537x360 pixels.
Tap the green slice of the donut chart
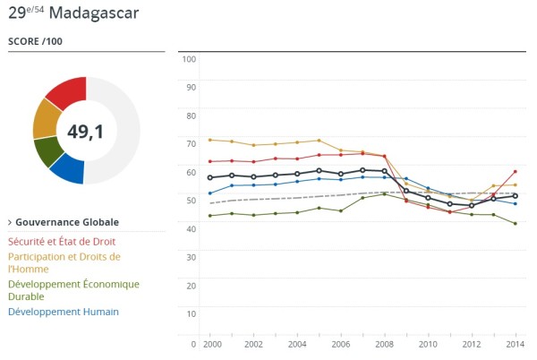click(x=47, y=152)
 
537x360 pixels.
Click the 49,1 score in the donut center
click(x=86, y=132)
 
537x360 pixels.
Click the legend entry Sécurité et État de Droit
click(x=61, y=241)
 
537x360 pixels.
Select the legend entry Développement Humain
click(x=63, y=312)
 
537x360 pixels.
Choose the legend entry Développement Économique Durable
click(x=73, y=290)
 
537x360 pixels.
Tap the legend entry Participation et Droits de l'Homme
click(x=64, y=261)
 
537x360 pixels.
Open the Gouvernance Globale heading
click(x=67, y=222)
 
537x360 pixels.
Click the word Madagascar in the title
click(x=94, y=13)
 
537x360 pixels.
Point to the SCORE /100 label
click(x=36, y=41)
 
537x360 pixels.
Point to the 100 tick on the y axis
click(x=189, y=59)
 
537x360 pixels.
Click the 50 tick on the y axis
click(x=190, y=200)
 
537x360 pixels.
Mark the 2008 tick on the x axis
click(x=385, y=343)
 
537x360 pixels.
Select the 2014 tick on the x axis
click(x=516, y=343)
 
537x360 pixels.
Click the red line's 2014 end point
click(x=515, y=171)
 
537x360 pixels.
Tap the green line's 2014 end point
click(x=515, y=224)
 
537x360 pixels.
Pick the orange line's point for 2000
click(x=209, y=140)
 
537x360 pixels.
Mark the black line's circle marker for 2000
click(x=209, y=177)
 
